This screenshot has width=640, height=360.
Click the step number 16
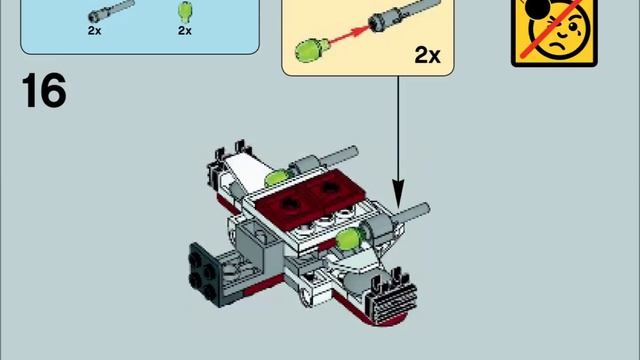[44, 91]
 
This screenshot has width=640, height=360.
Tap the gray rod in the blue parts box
[111, 10]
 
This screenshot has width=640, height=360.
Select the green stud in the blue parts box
[185, 11]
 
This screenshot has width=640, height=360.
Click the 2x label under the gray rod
[94, 31]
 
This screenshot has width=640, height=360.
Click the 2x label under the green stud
[184, 31]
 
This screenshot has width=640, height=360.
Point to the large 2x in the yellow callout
[427, 55]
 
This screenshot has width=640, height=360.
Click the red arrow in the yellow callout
[349, 35]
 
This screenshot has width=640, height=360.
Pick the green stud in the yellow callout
[311, 49]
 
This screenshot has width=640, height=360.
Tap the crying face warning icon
[554, 32]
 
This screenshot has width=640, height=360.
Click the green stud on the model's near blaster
[350, 238]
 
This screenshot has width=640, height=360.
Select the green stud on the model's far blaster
[278, 178]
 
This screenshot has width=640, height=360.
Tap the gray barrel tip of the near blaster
[412, 213]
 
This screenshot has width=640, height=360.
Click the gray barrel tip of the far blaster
[340, 155]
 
